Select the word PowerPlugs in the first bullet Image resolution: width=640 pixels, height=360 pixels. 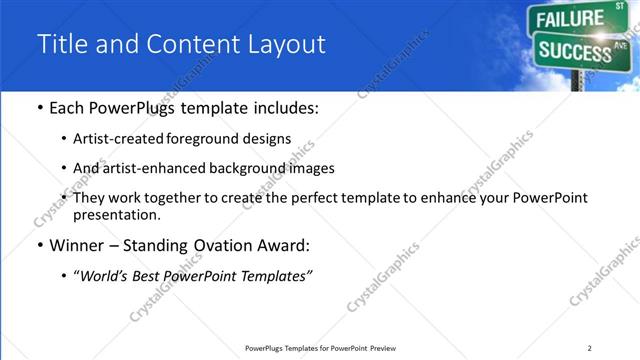click(130, 108)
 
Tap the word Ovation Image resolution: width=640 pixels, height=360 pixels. click(221, 245)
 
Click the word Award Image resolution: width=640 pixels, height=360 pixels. click(286, 245)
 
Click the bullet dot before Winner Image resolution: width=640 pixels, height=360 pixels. click(38, 246)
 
